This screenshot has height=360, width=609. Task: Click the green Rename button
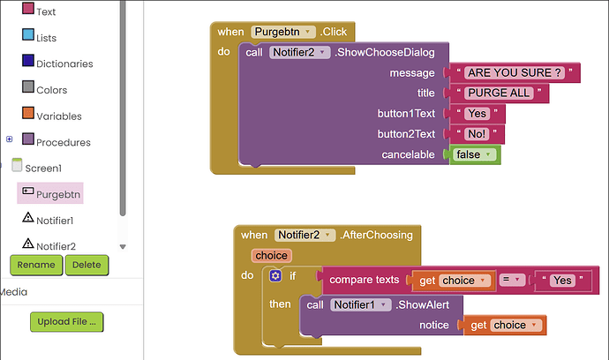36,265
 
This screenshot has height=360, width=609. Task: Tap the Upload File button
67,321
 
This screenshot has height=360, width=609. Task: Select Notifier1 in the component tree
49,220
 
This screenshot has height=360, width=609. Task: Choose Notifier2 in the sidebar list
49,245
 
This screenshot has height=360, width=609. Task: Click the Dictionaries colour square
28,61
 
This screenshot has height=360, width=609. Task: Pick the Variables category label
59,116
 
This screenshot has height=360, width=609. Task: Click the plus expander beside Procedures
10,139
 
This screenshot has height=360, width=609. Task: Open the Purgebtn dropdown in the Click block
283,32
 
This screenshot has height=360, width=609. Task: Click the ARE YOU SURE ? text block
515,72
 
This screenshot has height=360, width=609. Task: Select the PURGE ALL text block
499,94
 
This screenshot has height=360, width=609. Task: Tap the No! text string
477,134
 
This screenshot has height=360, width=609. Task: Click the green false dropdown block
475,154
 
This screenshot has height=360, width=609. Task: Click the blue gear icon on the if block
275,275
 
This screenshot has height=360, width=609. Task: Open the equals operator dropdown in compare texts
512,280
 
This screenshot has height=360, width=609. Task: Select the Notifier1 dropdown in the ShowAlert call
360,305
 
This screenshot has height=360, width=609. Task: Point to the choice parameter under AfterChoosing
272,256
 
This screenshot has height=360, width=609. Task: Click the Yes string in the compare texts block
563,280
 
